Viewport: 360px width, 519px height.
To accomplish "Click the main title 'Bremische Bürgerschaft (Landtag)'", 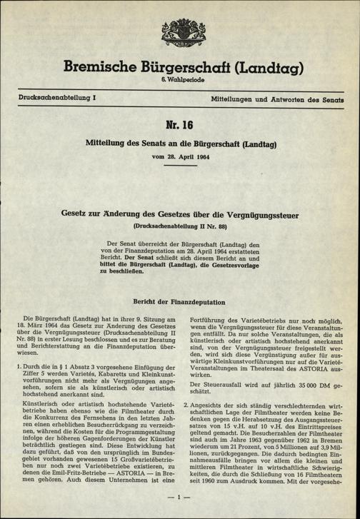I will point(179,68).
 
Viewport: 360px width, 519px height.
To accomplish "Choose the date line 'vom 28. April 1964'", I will point(179,157).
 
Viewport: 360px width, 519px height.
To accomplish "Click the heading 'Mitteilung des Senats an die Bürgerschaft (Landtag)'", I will point(179,144).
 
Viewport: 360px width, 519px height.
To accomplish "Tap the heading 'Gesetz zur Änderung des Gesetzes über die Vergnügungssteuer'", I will point(179,213).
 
